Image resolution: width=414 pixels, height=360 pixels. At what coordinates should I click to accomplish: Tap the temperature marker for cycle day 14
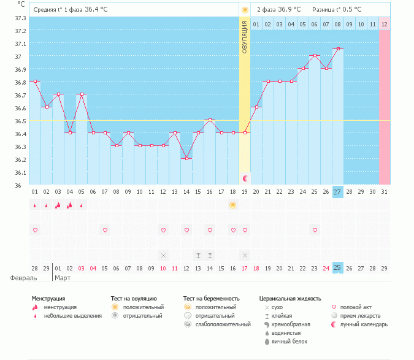point(186,158)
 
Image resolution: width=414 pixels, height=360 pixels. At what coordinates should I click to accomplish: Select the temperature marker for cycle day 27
point(338,48)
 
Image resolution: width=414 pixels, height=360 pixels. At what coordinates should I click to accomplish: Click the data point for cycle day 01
point(35,81)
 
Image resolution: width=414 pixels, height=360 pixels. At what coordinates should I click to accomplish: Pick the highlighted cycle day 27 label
point(338,192)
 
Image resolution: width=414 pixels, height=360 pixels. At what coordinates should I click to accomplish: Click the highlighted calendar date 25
point(338,268)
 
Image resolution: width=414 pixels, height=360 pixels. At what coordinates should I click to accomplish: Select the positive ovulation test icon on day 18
point(233,205)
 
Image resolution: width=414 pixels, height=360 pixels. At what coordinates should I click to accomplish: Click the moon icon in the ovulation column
point(245,178)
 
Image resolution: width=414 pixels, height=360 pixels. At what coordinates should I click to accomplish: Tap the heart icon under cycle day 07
point(105,230)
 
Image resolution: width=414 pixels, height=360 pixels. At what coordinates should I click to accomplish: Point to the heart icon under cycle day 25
point(315,230)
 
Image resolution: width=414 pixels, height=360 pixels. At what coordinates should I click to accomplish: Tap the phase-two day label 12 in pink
point(385,24)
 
